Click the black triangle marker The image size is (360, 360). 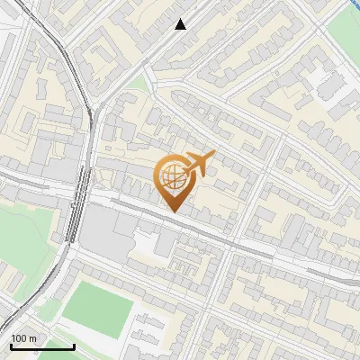[x=181, y=24]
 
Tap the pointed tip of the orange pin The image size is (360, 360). [x=174, y=211]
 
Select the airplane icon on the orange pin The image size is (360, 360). [x=200, y=164]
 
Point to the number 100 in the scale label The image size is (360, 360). [x=18, y=338]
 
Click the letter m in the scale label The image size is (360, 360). [x=32, y=338]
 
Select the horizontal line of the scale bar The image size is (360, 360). [x=42, y=346]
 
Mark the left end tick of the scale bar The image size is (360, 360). [x=11, y=346]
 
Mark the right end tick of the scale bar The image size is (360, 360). [x=74, y=346]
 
